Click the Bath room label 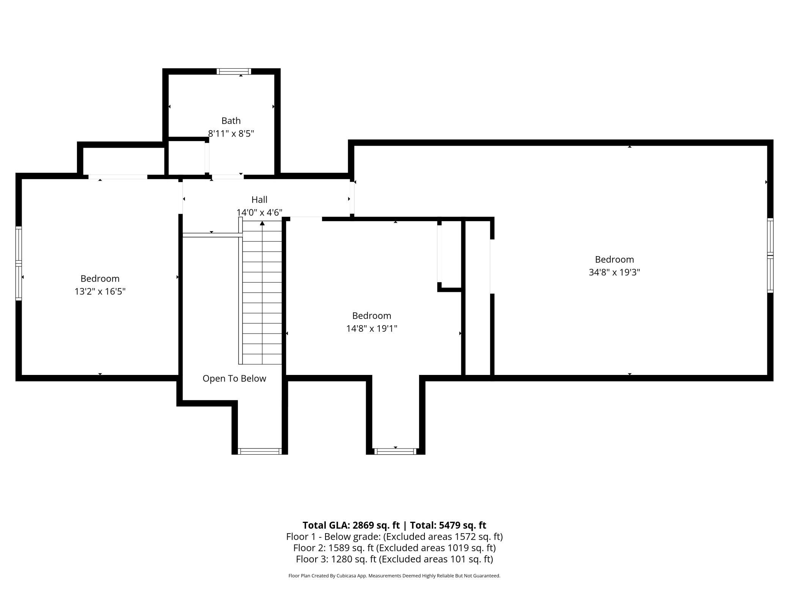coord(231,121)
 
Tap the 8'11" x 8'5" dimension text coord(231,134)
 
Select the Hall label coord(259,200)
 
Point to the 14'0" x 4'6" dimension coord(259,213)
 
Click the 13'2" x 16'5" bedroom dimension coord(100,291)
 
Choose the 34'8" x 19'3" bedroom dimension coord(615,272)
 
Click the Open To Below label coord(234,379)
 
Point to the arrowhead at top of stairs coord(262,223)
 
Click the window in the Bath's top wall coord(234,71)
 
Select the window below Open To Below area coord(260,451)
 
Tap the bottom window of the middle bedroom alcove coord(396,451)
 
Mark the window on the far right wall coord(770,255)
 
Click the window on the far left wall coord(19,263)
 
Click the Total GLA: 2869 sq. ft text coord(351,525)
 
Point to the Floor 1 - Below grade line coord(394,537)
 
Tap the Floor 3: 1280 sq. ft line coord(394,559)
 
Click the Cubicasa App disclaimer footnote coord(394,576)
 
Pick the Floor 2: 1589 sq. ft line coord(394,548)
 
